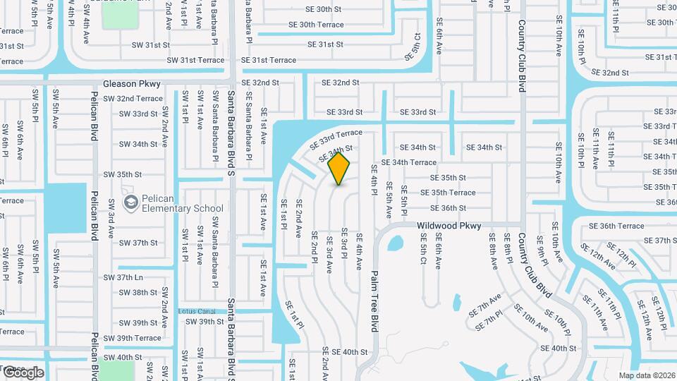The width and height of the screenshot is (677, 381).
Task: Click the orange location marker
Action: click(x=339, y=168)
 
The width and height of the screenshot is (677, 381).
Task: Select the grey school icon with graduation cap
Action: click(x=130, y=203)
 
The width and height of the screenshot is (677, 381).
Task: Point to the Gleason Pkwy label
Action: click(x=131, y=84)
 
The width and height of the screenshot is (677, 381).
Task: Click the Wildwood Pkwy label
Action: click(x=449, y=226)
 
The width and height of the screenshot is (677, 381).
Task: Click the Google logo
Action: click(x=23, y=373)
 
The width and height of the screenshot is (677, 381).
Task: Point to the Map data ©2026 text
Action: click(x=646, y=375)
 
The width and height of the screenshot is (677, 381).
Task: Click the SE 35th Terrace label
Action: click(x=448, y=193)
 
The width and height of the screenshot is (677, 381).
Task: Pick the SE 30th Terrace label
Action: click(x=316, y=25)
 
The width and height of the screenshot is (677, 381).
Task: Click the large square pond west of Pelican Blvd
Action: click(x=68, y=208)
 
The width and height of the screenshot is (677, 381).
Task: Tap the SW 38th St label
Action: click(x=138, y=293)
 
